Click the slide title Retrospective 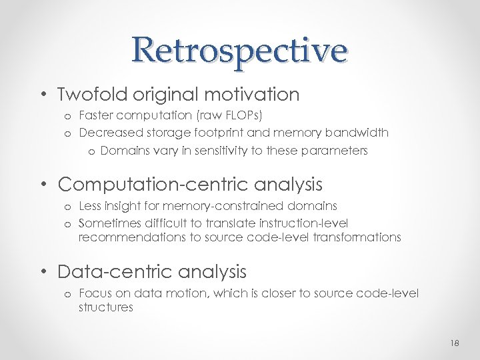tap(239, 50)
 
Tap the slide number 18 tap(455, 342)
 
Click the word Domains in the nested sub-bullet tap(123, 151)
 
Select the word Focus tap(95, 293)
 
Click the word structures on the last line tap(105, 308)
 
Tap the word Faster tap(97, 117)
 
